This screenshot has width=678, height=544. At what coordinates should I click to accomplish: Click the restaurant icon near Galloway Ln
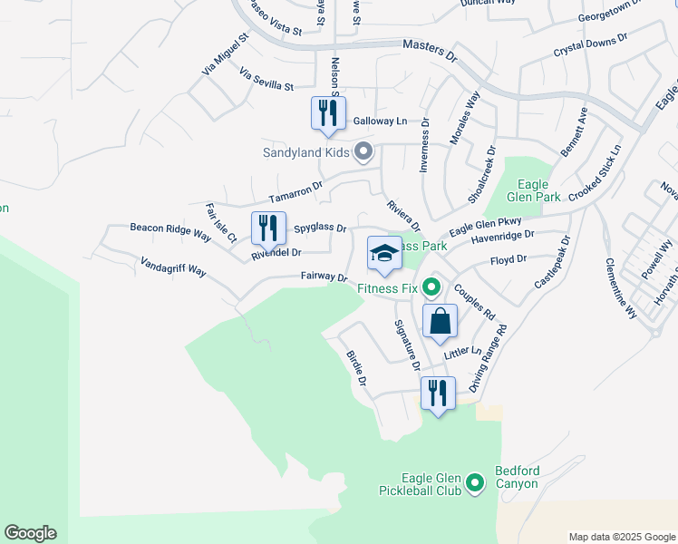(328, 113)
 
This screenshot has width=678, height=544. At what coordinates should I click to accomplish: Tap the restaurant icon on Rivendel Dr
(268, 228)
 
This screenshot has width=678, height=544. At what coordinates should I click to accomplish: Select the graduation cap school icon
(384, 253)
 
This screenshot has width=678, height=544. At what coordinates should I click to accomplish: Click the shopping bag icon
(440, 321)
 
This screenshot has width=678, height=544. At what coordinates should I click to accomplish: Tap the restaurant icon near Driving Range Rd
(438, 393)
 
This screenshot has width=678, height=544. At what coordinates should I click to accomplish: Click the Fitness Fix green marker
(432, 289)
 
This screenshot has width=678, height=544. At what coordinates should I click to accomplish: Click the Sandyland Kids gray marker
(363, 151)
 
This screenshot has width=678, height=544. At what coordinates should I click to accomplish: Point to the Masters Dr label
(429, 50)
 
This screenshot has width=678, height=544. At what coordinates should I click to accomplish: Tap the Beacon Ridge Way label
(170, 232)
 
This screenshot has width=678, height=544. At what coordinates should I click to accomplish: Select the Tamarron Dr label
(295, 192)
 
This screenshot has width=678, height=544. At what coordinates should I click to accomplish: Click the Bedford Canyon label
(517, 477)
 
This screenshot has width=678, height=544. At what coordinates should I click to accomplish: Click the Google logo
(30, 533)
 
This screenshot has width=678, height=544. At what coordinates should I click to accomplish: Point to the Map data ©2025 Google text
(621, 537)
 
